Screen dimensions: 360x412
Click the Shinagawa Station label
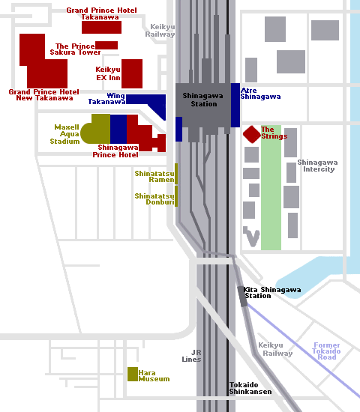pyautogui.click(x=203, y=100)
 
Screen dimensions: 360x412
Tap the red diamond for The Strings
pyautogui.click(x=252, y=134)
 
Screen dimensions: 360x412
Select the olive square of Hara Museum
pyautogui.click(x=133, y=374)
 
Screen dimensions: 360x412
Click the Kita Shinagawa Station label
pyautogui.click(x=272, y=293)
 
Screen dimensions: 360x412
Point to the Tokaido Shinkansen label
pyautogui.click(x=250, y=388)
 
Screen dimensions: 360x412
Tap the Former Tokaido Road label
pyautogui.click(x=326, y=351)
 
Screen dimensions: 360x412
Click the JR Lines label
pyautogui.click(x=191, y=356)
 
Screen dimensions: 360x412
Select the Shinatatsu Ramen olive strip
pyautogui.click(x=176, y=174)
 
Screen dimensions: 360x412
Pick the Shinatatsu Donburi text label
pyautogui.click(x=154, y=199)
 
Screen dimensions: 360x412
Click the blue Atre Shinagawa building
pyautogui.click(x=235, y=105)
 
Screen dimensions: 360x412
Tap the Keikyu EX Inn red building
pyautogui.click(x=132, y=73)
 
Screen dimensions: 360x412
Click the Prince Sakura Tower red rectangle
pyautogui.click(x=106, y=45)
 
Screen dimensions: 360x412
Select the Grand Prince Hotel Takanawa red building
pyautogui.click(x=101, y=27)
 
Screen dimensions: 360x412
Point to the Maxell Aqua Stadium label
pyautogui.click(x=64, y=134)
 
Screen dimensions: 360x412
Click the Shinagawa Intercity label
pyautogui.click(x=318, y=166)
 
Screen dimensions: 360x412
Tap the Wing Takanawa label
pyautogui.click(x=106, y=99)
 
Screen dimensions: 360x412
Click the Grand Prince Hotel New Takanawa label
pyautogui.click(x=44, y=95)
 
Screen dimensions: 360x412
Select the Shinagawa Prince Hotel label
pyautogui.click(x=115, y=151)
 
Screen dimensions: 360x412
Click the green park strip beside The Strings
pyautogui.click(x=271, y=187)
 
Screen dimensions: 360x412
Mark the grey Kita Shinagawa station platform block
pyautogui.click(x=242, y=297)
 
